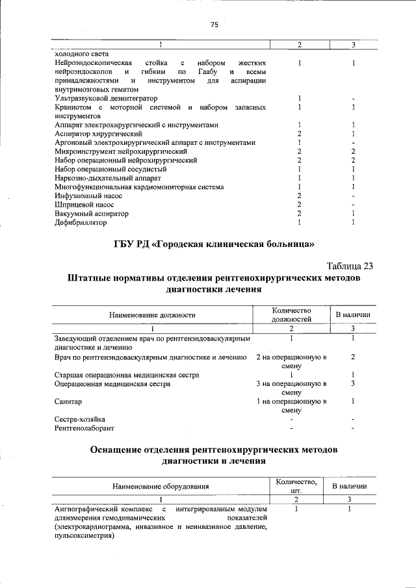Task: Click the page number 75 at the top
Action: point(214,25)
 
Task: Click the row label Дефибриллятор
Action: point(81,222)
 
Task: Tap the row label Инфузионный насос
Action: point(85,196)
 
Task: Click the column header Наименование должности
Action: point(152,315)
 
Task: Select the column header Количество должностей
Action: point(292,315)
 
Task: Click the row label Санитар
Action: point(68,402)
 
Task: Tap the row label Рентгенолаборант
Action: point(79,428)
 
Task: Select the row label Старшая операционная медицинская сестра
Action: point(127,375)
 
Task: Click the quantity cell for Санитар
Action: point(292,406)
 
